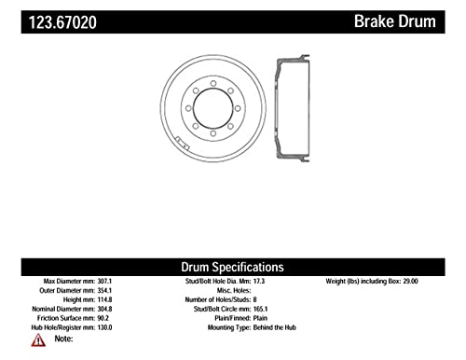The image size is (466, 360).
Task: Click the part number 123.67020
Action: click(x=62, y=22)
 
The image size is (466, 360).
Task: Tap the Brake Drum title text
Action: click(x=395, y=21)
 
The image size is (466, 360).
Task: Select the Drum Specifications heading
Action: click(x=232, y=267)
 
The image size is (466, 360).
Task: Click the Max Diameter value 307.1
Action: click(x=104, y=282)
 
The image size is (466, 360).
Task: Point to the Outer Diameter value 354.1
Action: click(x=104, y=291)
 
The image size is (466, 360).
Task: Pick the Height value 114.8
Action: click(x=104, y=299)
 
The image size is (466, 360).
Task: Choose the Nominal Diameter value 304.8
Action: click(x=104, y=309)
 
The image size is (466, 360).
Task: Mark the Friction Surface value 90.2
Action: click(x=103, y=318)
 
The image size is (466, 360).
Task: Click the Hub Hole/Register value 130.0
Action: click(x=104, y=327)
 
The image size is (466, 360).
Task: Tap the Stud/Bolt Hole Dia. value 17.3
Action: click(x=259, y=282)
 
